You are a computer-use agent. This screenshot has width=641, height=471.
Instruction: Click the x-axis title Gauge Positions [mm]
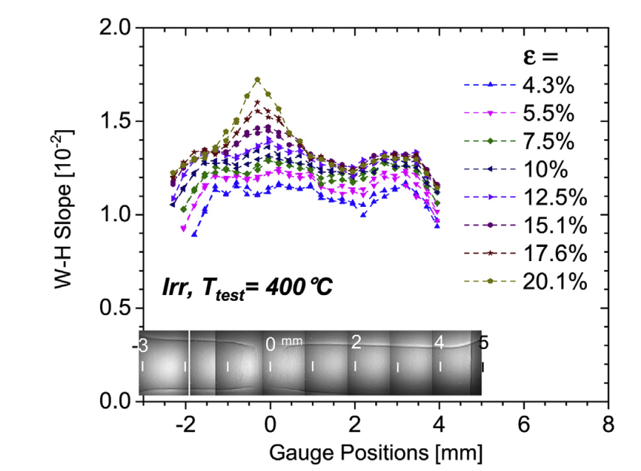click(x=374, y=453)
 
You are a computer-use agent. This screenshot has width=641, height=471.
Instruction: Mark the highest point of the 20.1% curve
click(x=258, y=79)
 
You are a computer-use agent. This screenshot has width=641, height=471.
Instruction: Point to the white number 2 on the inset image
click(x=356, y=342)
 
